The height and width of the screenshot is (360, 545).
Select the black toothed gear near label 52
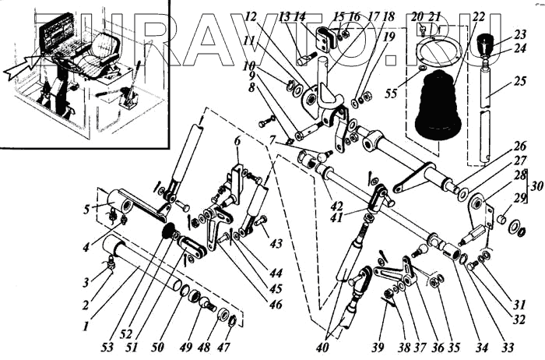[166, 231]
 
